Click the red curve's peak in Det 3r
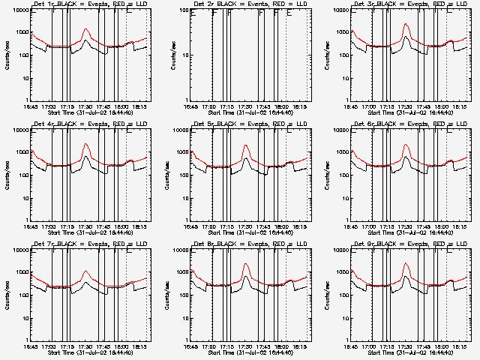tap(406, 24)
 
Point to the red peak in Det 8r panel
tap(246, 264)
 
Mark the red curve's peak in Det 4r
tap(85, 143)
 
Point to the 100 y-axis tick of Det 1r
tap(21, 55)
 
